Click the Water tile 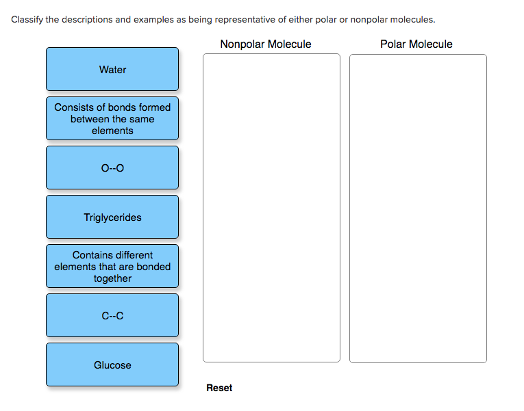[112, 69]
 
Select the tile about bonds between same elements [112, 118]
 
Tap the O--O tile [112, 168]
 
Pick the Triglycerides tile [112, 217]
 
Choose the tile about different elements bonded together [112, 266]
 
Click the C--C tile [112, 315]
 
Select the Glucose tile [112, 364]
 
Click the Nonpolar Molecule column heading [266, 44]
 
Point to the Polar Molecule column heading [416, 44]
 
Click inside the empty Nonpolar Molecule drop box [271, 208]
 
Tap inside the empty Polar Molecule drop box [418, 208]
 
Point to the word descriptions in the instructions [86, 19]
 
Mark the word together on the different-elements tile [112, 278]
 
